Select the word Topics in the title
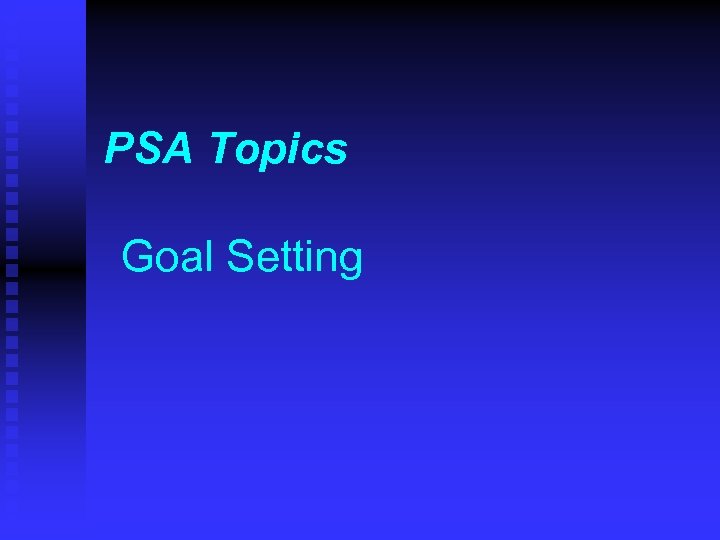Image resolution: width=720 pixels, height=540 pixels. click(279, 151)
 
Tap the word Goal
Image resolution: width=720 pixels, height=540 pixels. click(168, 257)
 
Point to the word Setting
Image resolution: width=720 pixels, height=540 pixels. click(295, 259)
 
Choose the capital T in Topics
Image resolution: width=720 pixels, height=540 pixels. click(224, 150)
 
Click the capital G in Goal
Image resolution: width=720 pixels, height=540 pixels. click(138, 257)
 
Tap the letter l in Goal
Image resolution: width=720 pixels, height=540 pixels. click(209, 257)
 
